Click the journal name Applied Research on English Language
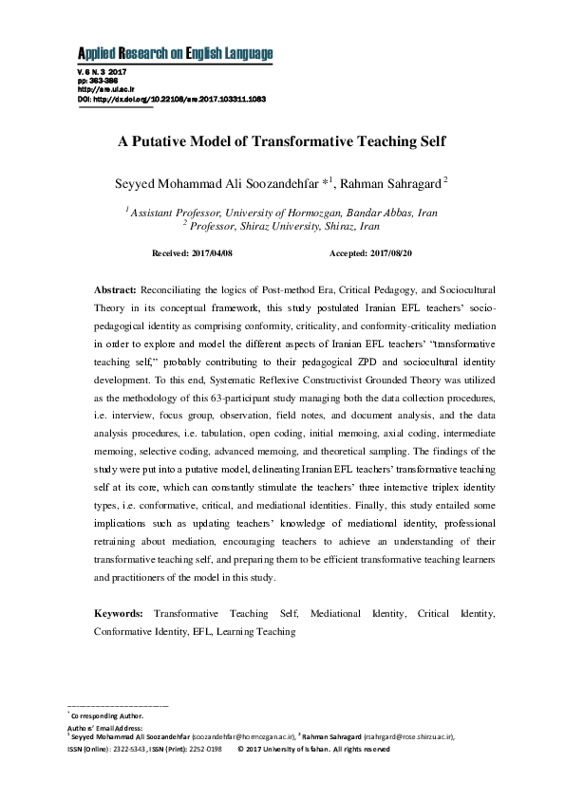pyautogui.click(x=175, y=53)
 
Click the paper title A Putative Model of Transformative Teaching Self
pyautogui.click(x=281, y=141)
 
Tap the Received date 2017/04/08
pyautogui.click(x=211, y=254)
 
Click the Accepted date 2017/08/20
pyautogui.click(x=390, y=254)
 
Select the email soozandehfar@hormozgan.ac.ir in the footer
pyautogui.click(x=243, y=735)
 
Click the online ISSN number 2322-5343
pyautogui.click(x=136, y=749)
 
